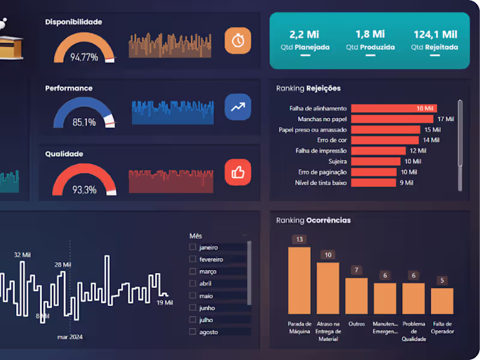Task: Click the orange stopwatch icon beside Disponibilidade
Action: pos(238,40)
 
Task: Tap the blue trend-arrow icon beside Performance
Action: pos(238,107)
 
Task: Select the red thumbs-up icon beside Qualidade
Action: pos(238,173)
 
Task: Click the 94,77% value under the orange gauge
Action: pos(84,58)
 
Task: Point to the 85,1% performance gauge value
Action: pos(84,122)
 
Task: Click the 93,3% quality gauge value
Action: pos(84,190)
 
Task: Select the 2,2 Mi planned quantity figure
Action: pos(304,35)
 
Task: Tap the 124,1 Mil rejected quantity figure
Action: pos(435,35)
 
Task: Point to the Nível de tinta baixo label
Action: pos(321,182)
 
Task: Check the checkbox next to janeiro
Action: pos(193,247)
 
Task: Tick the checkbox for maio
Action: pos(193,296)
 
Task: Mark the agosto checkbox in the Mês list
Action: pos(193,332)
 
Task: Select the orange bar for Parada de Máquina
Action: pos(299,280)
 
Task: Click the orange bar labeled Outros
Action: pos(356,296)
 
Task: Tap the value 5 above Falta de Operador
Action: pos(442,280)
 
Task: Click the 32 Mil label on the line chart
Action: pos(22,255)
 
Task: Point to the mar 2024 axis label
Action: pos(70,337)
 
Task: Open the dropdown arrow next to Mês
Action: pos(245,235)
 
